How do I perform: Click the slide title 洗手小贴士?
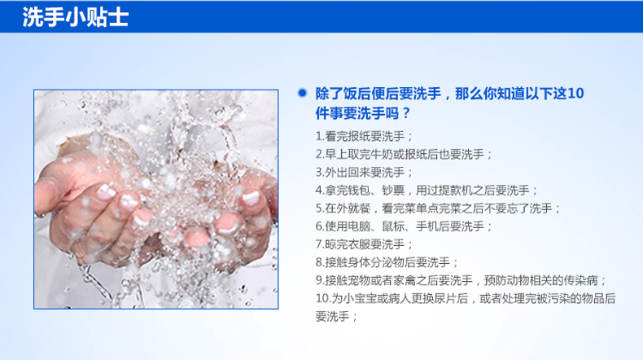[76, 17]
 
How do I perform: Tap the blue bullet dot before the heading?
[302, 93]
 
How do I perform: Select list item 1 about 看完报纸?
[364, 136]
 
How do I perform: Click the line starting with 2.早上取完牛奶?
[404, 155]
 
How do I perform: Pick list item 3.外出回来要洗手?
[364, 173]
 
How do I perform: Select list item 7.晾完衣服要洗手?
[364, 244]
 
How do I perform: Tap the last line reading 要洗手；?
[336, 317]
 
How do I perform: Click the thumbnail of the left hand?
[105, 191]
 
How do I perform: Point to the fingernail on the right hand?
[251, 197]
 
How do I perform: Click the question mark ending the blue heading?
[406, 113]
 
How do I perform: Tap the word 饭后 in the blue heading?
[356, 94]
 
